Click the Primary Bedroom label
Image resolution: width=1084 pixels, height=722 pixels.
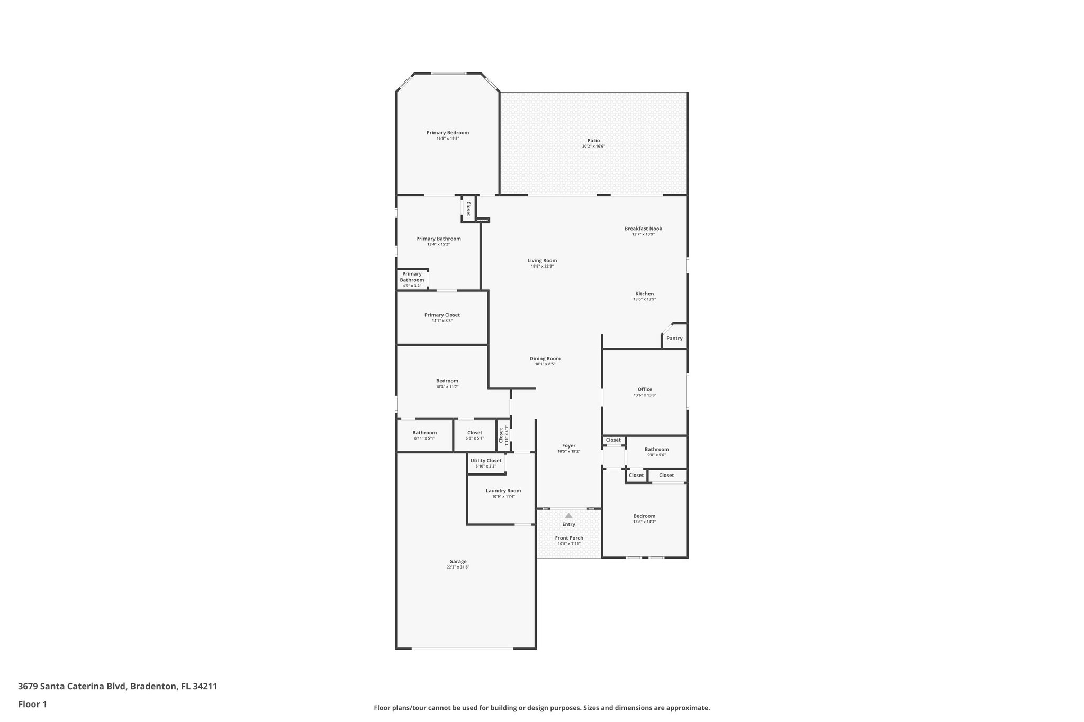(x=448, y=133)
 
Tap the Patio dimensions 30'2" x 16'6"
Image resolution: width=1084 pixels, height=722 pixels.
(x=593, y=147)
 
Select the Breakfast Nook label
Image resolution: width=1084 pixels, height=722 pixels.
(x=643, y=229)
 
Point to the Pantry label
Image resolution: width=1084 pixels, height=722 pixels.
(x=674, y=339)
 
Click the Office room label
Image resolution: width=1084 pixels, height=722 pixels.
(x=645, y=389)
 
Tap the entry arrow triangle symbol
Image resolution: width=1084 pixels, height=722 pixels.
(x=568, y=516)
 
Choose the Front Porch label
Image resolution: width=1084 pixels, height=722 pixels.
(x=569, y=538)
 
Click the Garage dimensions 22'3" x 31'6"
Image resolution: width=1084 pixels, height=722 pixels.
(x=458, y=568)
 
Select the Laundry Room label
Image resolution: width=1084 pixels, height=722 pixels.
(x=503, y=491)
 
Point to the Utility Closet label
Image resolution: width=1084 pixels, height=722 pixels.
(x=486, y=461)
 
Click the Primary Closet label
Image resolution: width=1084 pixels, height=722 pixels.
(x=442, y=315)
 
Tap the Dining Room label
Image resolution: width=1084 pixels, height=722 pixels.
(x=545, y=359)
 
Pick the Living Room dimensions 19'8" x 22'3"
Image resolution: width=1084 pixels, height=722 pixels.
(x=542, y=267)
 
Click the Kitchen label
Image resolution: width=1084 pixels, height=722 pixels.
(x=645, y=294)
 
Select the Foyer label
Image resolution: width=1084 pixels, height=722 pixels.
(x=568, y=446)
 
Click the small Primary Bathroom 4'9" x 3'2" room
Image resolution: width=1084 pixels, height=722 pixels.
(x=412, y=279)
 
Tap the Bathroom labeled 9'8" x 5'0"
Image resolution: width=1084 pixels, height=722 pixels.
(x=656, y=452)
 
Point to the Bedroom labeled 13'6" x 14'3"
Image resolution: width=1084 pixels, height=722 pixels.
(x=644, y=518)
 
